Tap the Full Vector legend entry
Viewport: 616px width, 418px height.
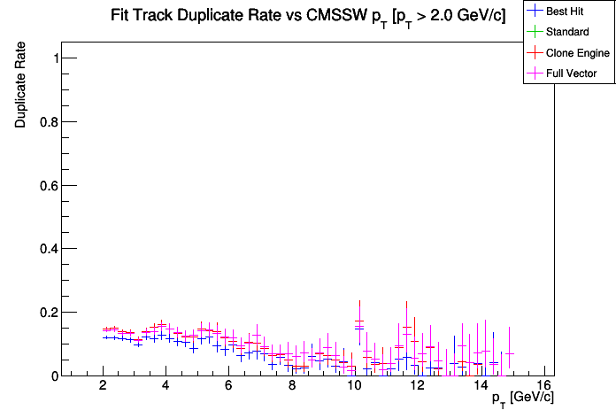point(572,74)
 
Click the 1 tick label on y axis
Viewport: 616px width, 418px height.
point(57,58)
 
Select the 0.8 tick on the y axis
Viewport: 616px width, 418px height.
point(50,122)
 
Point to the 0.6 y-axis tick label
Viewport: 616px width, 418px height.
point(50,185)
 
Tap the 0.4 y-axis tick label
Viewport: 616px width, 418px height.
point(50,249)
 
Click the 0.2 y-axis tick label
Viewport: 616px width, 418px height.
point(50,313)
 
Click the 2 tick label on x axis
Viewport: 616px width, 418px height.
point(104,386)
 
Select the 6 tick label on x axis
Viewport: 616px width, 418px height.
point(229,386)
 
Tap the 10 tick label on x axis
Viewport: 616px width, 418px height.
point(354,386)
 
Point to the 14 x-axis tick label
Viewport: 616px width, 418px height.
point(480,386)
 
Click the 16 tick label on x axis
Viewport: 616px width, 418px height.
point(543,386)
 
